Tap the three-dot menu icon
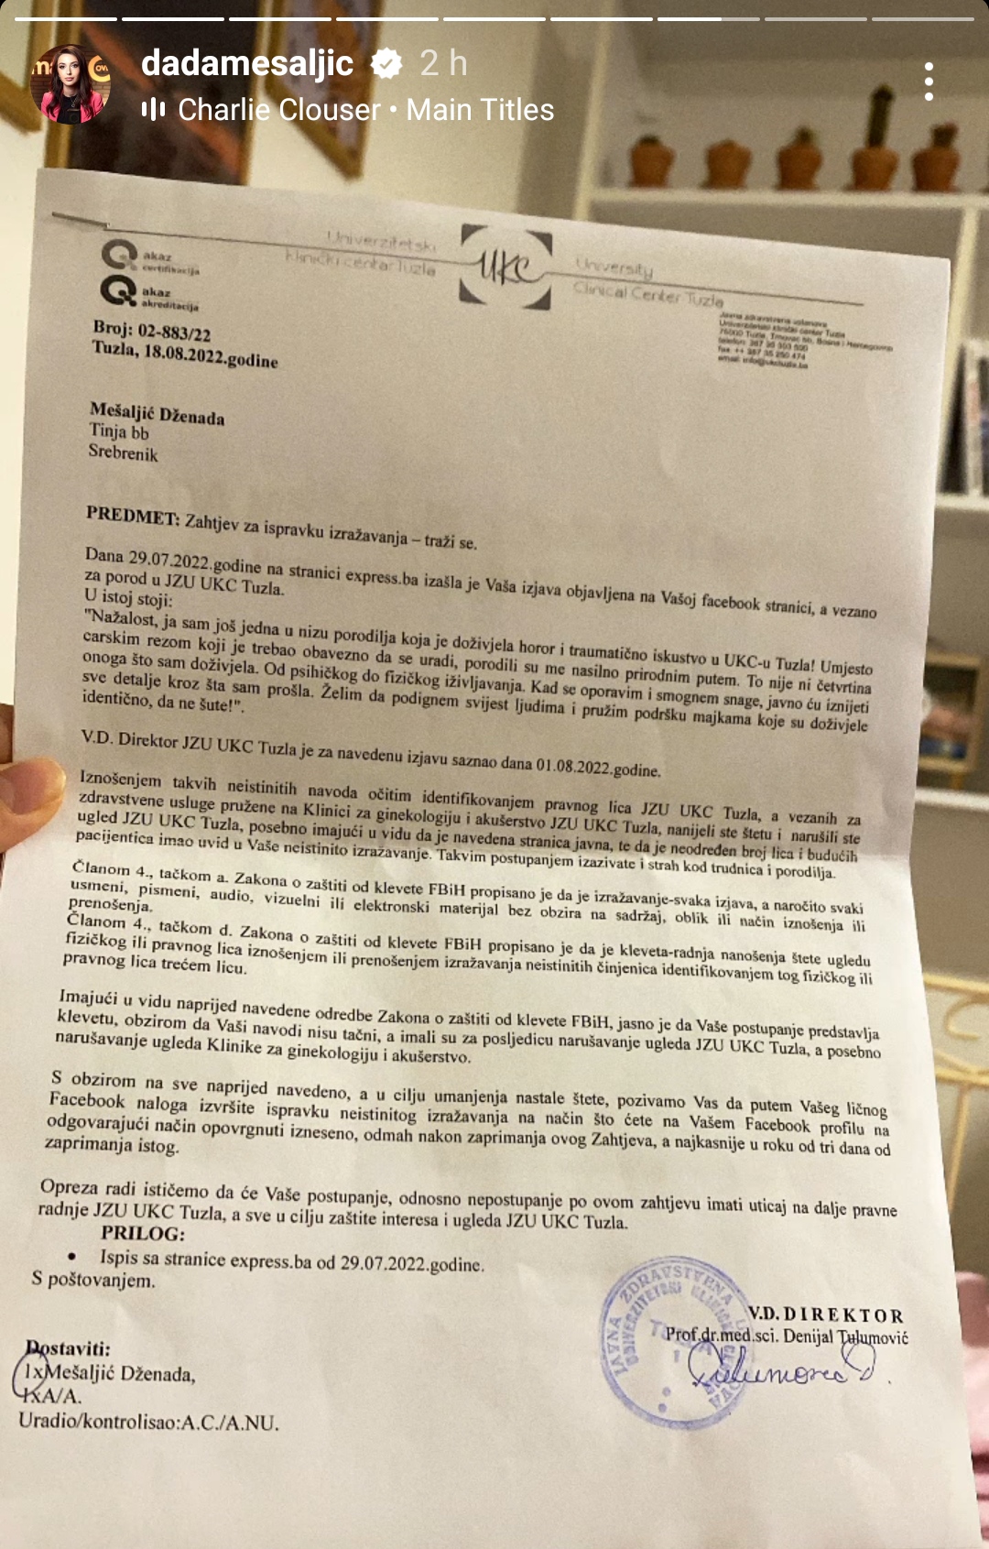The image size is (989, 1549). [929, 82]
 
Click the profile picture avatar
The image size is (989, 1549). [71, 83]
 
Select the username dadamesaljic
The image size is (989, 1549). [247, 63]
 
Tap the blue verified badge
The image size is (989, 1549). [386, 63]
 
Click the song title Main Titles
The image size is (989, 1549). [480, 110]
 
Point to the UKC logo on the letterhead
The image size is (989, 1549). [505, 267]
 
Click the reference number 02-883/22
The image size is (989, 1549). [174, 332]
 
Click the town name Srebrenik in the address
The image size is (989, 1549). [123, 453]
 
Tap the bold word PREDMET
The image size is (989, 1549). [132, 515]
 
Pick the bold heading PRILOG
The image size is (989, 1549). [143, 1233]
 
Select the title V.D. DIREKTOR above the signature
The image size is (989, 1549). [825, 1314]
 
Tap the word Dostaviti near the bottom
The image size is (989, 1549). [69, 1348]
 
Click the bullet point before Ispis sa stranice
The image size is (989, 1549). [72, 1257]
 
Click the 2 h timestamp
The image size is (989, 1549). [443, 63]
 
